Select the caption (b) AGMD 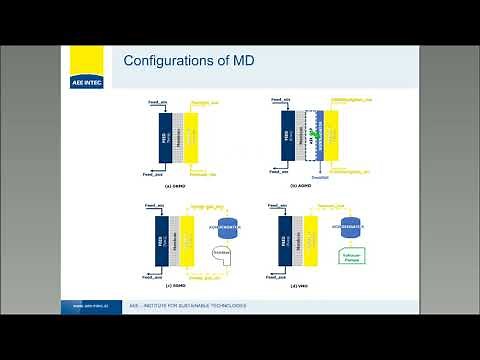(302, 184)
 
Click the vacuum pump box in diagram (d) (350, 256)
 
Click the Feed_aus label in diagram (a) (153, 173)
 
